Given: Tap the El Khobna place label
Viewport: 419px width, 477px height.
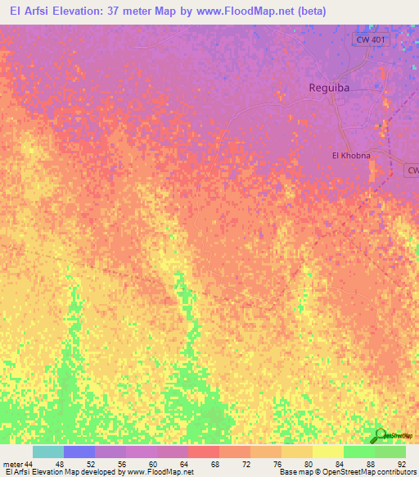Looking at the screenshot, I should coord(350,155).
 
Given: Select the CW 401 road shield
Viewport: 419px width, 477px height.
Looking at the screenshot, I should coord(372,39).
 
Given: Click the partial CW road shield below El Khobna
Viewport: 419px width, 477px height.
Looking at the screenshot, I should coord(412,170).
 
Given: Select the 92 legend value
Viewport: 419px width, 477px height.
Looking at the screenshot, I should coord(400,464).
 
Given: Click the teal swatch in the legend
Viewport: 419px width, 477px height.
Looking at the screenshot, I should coord(48,452).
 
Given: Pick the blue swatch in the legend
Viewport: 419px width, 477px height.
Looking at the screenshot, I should coord(79,452).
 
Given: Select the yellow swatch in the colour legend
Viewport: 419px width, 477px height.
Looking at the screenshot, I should coord(328,452).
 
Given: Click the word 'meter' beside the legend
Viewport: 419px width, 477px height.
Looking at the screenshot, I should coord(12,464).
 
